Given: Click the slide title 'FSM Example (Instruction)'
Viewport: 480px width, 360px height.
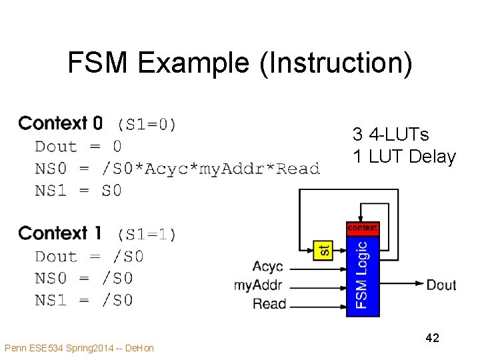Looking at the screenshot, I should coord(240,63).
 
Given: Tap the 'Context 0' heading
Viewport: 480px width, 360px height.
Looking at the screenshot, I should coord(61,123).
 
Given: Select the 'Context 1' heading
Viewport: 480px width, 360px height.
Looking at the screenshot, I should coord(60,233).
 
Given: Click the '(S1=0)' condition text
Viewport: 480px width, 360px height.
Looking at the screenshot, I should coord(147,124).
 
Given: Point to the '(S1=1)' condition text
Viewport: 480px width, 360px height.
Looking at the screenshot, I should coord(147,234).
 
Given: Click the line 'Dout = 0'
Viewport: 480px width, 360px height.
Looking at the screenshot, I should coord(78,146).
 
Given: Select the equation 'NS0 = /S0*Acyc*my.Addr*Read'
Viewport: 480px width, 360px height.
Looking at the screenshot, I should coord(177,168).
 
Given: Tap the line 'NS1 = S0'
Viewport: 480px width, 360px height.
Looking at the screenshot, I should coord(78,190).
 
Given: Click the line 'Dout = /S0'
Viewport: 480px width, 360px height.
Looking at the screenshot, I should coord(89,256).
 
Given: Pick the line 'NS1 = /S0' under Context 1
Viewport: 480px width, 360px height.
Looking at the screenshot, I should coord(83,300).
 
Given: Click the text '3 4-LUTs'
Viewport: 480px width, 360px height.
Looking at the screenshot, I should coord(391,135).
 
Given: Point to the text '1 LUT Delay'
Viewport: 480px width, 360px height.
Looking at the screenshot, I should coord(404,157).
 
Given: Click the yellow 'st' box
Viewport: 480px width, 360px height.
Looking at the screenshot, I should coord(323,250).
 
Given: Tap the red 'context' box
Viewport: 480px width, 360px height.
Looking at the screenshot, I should coord(363,229).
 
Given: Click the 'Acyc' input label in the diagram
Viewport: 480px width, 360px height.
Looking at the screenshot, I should coord(268,267).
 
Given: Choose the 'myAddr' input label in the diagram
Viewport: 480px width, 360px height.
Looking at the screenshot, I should coord(259,285).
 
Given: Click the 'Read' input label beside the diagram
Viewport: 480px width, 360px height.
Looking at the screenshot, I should coord(269,304).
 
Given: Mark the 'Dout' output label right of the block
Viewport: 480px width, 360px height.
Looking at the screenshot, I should coord(441,285).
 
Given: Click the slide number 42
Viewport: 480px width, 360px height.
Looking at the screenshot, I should coord(432,339).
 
